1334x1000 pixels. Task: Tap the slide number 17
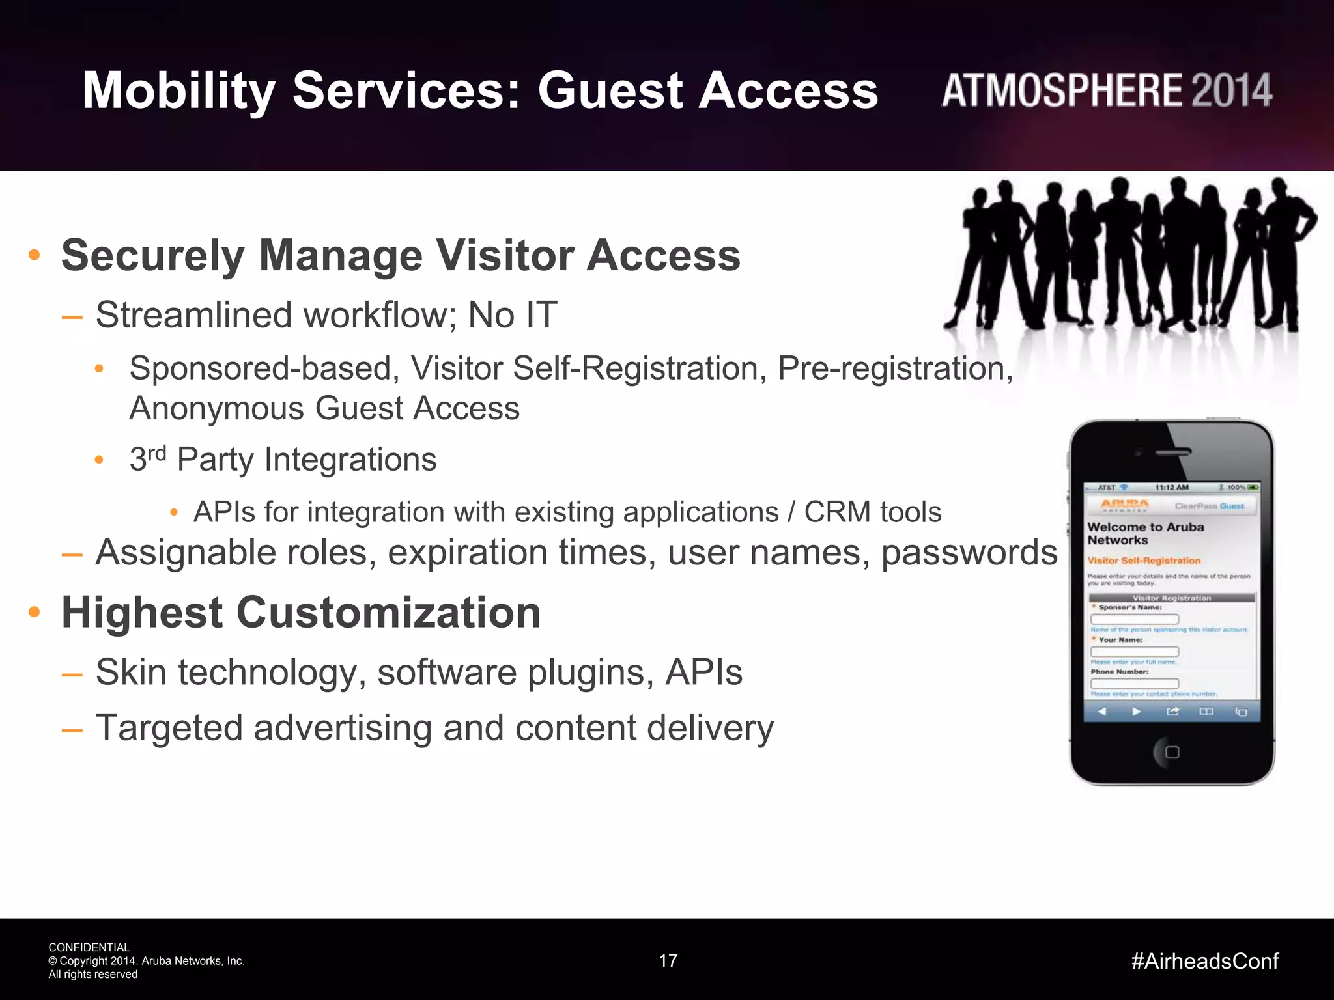(x=668, y=961)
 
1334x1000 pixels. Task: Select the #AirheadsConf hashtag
(x=1204, y=961)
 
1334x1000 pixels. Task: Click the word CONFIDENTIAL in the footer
(x=89, y=947)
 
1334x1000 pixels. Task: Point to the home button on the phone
(x=1172, y=752)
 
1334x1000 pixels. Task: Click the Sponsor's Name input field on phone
(x=1134, y=619)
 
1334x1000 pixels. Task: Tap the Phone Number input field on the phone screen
(x=1134, y=683)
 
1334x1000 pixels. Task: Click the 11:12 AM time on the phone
(x=1171, y=487)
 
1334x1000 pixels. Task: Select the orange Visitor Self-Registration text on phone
(x=1143, y=561)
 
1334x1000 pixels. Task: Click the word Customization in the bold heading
(x=388, y=613)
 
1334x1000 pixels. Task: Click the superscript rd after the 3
(x=157, y=452)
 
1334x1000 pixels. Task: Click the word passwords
(x=969, y=553)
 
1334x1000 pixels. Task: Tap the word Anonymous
(x=216, y=409)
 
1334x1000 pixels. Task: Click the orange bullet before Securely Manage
(x=35, y=255)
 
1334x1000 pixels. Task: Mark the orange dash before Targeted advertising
(x=72, y=730)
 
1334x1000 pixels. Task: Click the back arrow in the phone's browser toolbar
(x=1101, y=712)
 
